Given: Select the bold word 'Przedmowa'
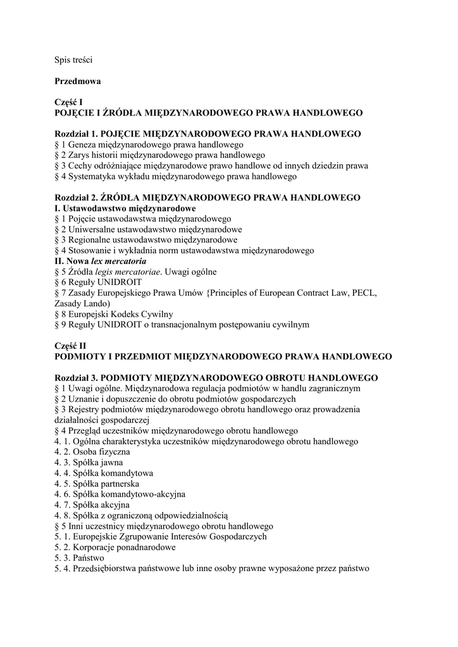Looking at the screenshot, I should click(x=78, y=81).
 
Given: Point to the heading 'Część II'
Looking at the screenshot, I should click(x=70, y=346).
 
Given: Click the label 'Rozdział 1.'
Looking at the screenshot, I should click(x=77, y=134).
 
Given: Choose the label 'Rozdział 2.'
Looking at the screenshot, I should click(x=77, y=198).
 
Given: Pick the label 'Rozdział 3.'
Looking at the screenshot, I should click(x=77, y=377).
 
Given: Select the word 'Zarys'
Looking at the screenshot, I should click(x=80, y=155).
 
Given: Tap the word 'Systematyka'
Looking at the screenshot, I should click(x=92, y=176).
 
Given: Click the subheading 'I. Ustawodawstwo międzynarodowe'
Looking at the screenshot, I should click(x=125, y=208).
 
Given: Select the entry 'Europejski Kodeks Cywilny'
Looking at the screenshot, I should click(x=120, y=314).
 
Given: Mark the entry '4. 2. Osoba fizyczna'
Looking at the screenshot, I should click(x=92, y=452).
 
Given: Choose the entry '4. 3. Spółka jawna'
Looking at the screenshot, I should click(x=89, y=463).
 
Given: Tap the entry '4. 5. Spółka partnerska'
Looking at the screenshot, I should click(x=97, y=483).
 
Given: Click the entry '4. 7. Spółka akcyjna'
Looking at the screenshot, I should click(x=92, y=505).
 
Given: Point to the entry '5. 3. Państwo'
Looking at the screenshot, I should click(x=80, y=558).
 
